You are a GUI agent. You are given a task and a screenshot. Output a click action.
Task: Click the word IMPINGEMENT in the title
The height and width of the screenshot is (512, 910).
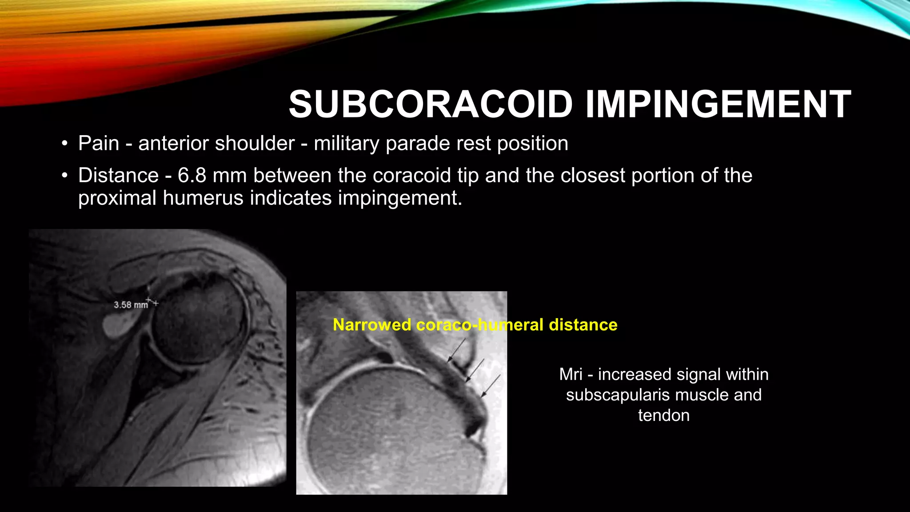(x=718, y=104)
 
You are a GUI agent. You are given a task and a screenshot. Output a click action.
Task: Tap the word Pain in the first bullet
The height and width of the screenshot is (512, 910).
(x=99, y=144)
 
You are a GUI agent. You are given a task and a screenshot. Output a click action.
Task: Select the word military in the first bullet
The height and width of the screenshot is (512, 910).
(x=347, y=144)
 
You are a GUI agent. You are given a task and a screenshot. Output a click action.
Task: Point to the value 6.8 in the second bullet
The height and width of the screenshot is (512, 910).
(x=192, y=175)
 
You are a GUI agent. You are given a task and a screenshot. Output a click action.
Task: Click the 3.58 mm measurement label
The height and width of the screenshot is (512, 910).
(x=131, y=305)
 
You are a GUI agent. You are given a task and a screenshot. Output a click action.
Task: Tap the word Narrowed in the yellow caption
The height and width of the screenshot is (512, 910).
(x=372, y=325)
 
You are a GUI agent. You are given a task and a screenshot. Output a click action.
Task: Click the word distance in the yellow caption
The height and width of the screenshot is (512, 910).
(x=583, y=325)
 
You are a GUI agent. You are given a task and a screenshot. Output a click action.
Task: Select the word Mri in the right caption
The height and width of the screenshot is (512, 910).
(x=571, y=374)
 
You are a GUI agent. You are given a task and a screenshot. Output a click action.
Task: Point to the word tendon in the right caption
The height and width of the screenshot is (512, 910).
(x=664, y=415)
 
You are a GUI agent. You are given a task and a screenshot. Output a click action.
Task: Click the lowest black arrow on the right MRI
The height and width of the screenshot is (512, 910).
(x=491, y=386)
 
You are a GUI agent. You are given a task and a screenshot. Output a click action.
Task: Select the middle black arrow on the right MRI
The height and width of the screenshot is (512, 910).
(x=475, y=370)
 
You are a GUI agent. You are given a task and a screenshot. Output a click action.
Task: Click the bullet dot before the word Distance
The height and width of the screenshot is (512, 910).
(x=65, y=176)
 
